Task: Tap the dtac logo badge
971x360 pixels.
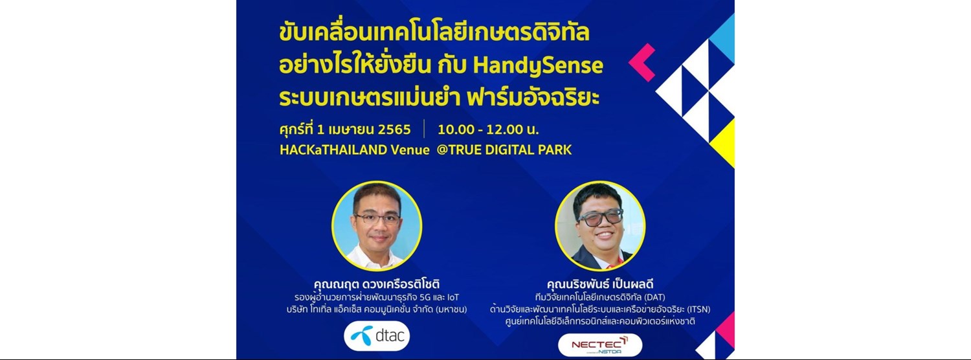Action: pos(376,335)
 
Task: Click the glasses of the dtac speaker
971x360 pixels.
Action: pos(377,218)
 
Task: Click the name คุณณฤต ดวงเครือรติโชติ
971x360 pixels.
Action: pos(377,285)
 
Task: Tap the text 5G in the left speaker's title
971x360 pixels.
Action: pos(428,297)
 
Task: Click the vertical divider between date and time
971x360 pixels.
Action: pos(424,128)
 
